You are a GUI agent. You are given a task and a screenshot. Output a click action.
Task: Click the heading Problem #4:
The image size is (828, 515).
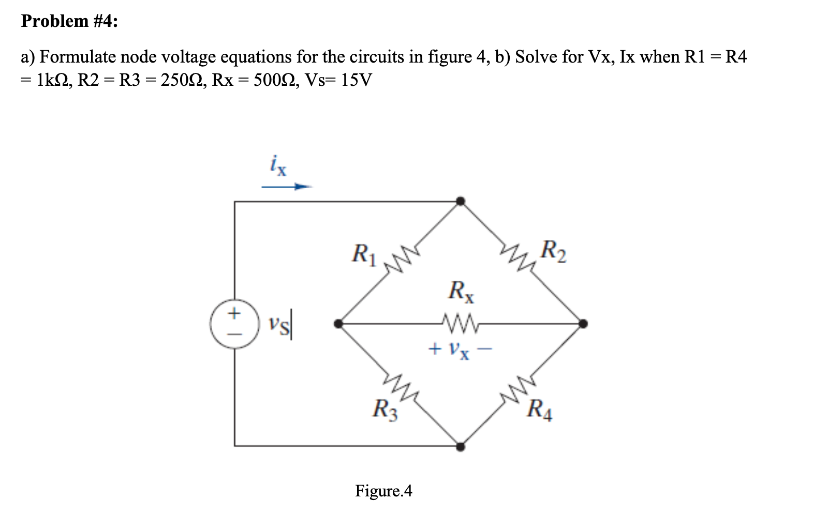pyautogui.click(x=69, y=21)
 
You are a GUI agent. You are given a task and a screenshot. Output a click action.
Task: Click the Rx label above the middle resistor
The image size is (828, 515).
pyautogui.click(x=462, y=291)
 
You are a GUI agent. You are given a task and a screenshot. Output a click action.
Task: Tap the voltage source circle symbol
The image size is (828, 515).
pyautogui.click(x=234, y=324)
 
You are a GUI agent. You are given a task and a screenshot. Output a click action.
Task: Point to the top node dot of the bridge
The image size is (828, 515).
pyautogui.click(x=460, y=201)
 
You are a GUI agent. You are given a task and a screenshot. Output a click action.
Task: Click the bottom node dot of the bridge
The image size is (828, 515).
pyautogui.click(x=460, y=446)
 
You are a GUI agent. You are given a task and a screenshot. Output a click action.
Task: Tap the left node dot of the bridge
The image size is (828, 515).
pyautogui.click(x=338, y=324)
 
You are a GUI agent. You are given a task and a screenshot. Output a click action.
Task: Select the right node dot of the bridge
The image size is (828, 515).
pyautogui.click(x=583, y=324)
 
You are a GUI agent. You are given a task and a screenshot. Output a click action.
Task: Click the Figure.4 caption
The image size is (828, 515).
pyautogui.click(x=383, y=490)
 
